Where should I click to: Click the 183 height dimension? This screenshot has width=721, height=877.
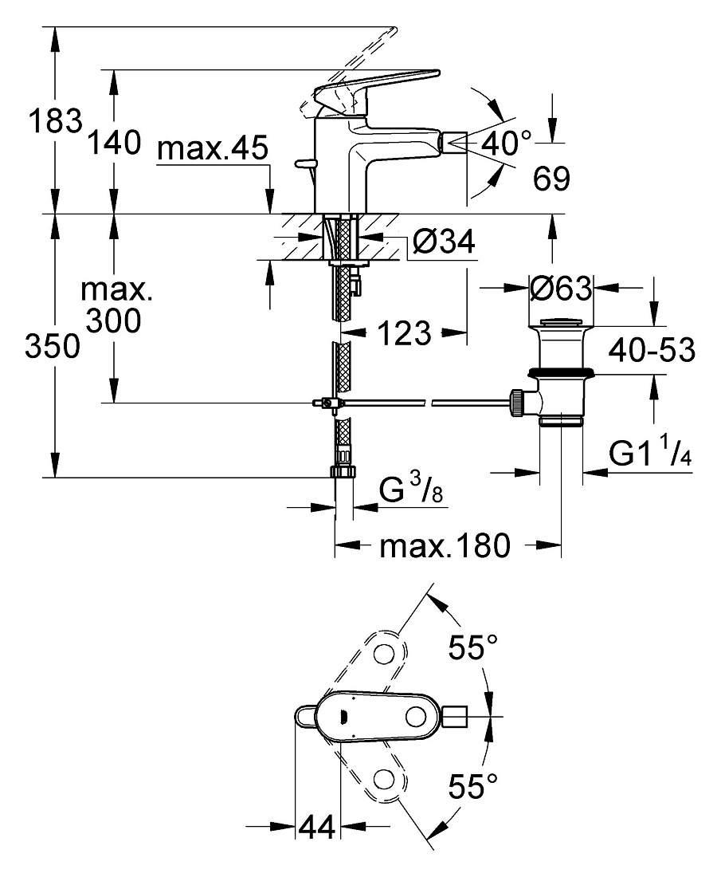point(55,121)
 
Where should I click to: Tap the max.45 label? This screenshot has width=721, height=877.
point(213,149)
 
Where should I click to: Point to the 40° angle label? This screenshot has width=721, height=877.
point(507,143)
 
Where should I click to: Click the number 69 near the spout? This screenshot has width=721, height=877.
point(551,179)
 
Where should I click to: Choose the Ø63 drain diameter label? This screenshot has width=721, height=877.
point(560,289)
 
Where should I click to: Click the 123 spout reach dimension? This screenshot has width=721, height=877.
point(405,333)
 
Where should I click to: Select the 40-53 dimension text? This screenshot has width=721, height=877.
point(652,350)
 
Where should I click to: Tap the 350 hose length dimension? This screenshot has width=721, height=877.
point(53,346)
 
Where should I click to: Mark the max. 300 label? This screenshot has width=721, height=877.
point(116,305)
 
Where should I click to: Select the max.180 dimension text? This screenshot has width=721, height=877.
point(445,545)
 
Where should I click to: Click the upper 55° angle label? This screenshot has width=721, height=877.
point(473,647)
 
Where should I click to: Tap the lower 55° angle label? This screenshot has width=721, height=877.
point(473,786)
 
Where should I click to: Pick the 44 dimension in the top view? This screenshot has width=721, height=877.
point(317,827)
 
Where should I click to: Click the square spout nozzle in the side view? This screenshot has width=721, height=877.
point(454,143)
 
